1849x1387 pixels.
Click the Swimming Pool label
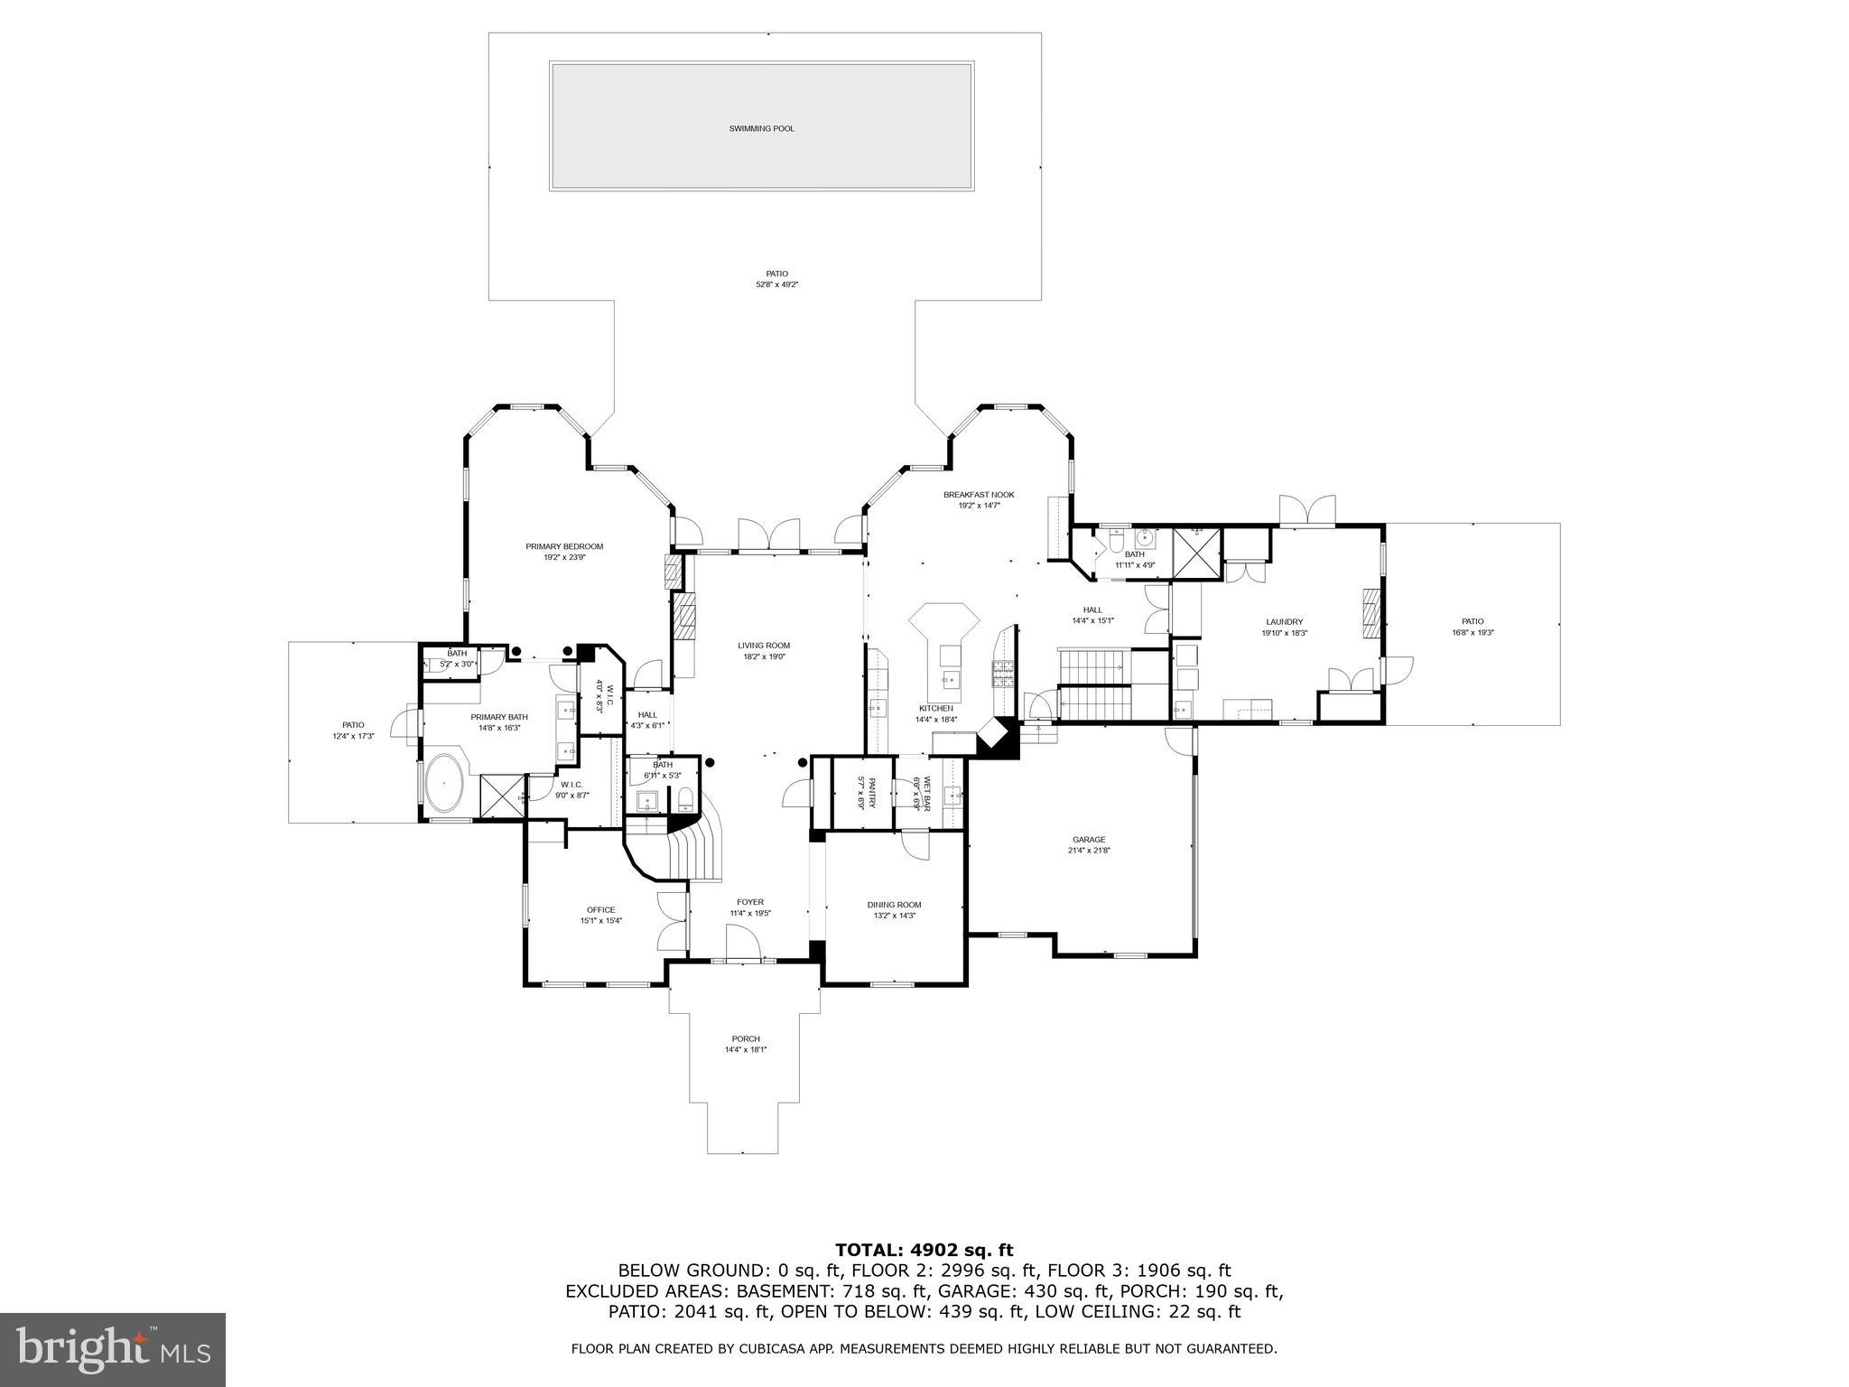761,129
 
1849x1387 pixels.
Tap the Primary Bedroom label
564,546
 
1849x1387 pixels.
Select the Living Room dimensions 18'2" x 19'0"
764,657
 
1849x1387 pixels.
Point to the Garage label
1089,839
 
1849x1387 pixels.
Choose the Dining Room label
894,905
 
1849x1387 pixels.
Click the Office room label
600,910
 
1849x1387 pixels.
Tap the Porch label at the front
746,1038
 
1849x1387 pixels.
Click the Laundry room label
1284,622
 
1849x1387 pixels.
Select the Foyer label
749,902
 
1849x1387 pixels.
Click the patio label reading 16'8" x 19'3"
1473,633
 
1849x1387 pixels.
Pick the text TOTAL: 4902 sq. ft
924,1251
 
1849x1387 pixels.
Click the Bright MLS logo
113,1350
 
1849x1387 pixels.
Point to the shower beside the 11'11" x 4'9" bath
1196,552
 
